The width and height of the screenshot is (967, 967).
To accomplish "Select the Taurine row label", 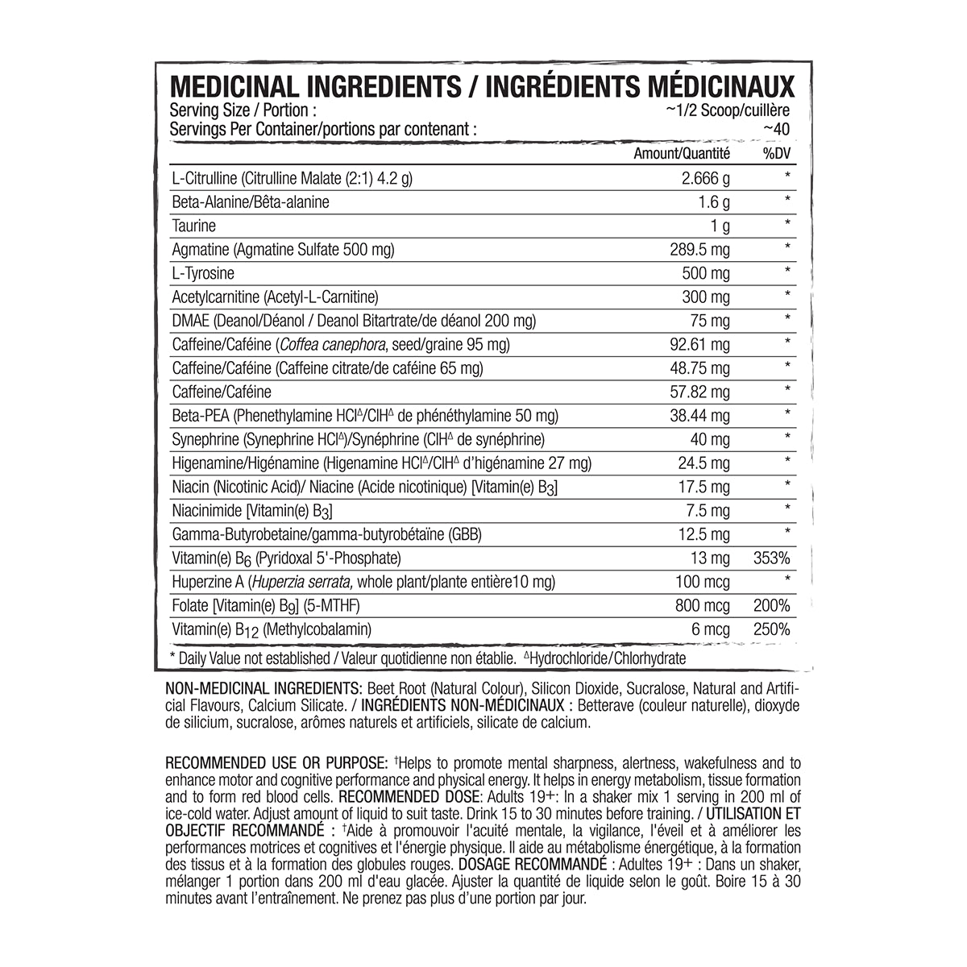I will point(194,226).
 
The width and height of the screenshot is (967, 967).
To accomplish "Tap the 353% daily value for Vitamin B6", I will point(771,558).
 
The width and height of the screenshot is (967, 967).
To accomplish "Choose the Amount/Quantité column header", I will point(682,153).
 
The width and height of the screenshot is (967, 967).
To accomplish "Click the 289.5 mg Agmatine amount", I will point(700,250).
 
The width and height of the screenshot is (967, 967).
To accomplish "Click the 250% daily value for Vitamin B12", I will point(771,629).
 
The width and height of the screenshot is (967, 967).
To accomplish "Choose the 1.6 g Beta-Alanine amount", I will point(714,202).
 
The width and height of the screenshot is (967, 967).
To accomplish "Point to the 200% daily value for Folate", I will point(771,606).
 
